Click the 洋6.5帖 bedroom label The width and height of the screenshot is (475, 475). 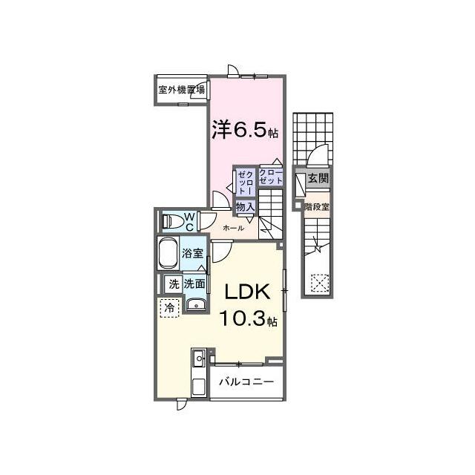click(245, 131)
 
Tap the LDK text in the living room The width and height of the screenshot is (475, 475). click(247, 292)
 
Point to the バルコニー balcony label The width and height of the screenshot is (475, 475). click(246, 381)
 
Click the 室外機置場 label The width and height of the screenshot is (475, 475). click(181, 90)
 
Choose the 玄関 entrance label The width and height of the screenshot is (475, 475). click(318, 178)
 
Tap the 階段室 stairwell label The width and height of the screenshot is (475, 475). click(317, 207)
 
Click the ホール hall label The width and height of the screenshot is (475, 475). click(233, 228)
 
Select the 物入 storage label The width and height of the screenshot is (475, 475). click(245, 207)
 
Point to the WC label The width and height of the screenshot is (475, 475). click(190, 222)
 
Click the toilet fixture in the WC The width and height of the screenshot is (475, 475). click(173, 221)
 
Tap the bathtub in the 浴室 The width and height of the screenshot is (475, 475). click(168, 253)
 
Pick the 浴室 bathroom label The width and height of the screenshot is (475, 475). click(192, 253)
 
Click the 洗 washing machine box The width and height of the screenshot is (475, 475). click(174, 284)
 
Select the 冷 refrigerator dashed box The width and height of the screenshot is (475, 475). click(170, 308)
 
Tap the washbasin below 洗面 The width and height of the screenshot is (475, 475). click(196, 305)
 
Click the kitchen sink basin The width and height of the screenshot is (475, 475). click(199, 358)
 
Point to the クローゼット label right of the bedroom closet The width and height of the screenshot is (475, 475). click(271, 177)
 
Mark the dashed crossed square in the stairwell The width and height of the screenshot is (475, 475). click(320, 283)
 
